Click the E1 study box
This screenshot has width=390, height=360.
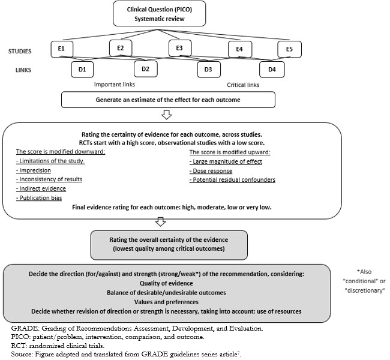point(62,49)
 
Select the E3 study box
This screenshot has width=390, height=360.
point(180,48)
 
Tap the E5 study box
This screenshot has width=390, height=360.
point(290,49)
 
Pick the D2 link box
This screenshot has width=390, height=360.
point(146,68)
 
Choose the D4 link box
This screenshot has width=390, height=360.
point(272,70)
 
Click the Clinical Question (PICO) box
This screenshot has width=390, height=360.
point(160,14)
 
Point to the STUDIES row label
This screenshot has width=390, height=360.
point(20,51)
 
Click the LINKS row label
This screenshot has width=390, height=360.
point(23,70)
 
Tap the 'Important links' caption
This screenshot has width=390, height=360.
point(115,85)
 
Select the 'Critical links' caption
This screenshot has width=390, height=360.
point(243,85)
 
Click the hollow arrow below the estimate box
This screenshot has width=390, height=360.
point(167,115)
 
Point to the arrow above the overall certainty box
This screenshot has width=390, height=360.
point(161,221)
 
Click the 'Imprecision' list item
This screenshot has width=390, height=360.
point(34,170)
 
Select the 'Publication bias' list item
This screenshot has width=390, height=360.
point(39,198)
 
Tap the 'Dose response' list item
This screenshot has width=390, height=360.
point(211,171)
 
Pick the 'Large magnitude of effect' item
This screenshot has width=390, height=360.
point(226,162)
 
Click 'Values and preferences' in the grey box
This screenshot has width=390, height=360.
point(166,302)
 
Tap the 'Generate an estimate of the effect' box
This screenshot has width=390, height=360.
point(168,100)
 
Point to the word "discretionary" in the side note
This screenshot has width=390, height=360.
point(365,290)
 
